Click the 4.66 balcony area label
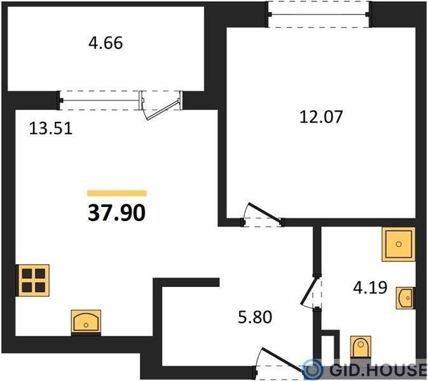pyautogui.click(x=106, y=43)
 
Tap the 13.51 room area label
pyautogui.click(x=51, y=128)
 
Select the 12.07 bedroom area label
pyautogui.click(x=321, y=117)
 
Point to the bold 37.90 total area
pyautogui.click(x=116, y=213)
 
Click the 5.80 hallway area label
pyautogui.click(x=255, y=317)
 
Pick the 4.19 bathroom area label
pyautogui.click(x=370, y=288)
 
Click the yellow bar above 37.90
pyautogui.click(x=117, y=193)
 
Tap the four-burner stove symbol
pyautogui.click(x=33, y=280)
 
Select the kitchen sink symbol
pyautogui.click(x=86, y=323)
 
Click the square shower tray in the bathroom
pyautogui.click(x=399, y=244)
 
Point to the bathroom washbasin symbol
pyautogui.click(x=406, y=298)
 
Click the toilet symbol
pyautogui.click(x=361, y=347)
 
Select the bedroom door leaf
pyautogui.click(x=264, y=211)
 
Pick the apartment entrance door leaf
pyautogui.click(x=283, y=359)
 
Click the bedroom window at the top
pyautogui.click(x=319, y=14)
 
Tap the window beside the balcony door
pyautogui.click(x=100, y=100)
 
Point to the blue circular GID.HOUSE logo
pyautogui.click(x=313, y=370)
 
